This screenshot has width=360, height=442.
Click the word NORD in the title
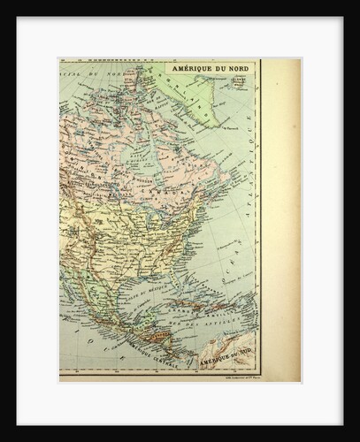point(234,69)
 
